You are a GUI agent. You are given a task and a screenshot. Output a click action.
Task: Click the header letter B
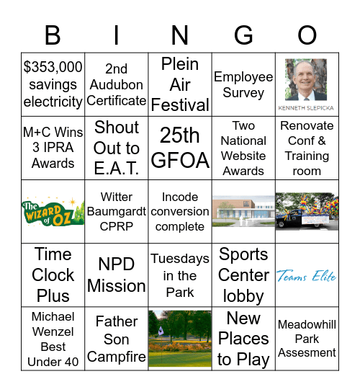[53, 35]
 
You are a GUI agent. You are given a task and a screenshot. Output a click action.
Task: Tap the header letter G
[243, 35]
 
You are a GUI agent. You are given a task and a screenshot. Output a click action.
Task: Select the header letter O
[307, 35]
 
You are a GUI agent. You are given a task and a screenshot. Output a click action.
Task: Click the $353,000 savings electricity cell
[53, 84]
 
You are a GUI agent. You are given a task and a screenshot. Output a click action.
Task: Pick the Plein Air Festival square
[180, 84]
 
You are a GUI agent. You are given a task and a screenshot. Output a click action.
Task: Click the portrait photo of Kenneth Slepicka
[307, 79]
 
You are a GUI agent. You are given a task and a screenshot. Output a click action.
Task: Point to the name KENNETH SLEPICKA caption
[307, 108]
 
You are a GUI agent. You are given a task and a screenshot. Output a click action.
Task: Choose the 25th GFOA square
[180, 148]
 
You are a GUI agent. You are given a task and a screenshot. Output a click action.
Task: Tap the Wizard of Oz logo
[53, 211]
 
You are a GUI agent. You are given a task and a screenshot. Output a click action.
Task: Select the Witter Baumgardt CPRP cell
[117, 211]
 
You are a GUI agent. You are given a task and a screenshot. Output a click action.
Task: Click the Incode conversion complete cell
[180, 211]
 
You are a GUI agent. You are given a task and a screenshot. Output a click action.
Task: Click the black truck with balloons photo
[307, 211]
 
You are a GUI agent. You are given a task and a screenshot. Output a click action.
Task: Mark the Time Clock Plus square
[53, 275]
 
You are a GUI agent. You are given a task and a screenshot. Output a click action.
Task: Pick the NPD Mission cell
[117, 275]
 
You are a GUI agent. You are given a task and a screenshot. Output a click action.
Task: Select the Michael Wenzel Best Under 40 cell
[53, 339]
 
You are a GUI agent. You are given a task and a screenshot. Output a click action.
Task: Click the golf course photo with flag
[180, 339]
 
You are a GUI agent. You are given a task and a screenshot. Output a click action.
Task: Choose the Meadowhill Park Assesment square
[307, 339]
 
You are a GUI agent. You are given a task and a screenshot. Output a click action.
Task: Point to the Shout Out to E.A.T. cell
[117, 148]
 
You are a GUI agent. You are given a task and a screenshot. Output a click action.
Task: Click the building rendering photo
[243, 211]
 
